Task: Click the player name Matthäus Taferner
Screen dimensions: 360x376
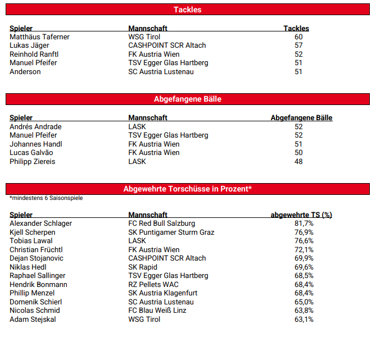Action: pyautogui.click(x=39, y=37)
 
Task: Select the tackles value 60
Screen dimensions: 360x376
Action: pyautogui.click(x=298, y=37)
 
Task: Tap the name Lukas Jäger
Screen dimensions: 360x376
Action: pyautogui.click(x=29, y=45)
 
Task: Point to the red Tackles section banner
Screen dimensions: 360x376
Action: pyautogui.click(x=188, y=10)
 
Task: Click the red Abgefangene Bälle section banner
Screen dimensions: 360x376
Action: pyautogui.click(x=188, y=99)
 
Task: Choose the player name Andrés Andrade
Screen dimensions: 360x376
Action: pyautogui.click(x=35, y=127)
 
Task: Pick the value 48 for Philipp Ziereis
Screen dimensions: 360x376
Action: pyautogui.click(x=298, y=162)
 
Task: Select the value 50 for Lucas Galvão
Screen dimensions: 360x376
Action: pyautogui.click(x=298, y=153)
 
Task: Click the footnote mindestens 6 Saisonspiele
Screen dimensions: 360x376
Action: pyautogui.click(x=46, y=198)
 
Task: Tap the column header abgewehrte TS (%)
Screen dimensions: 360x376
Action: pyautogui.click(x=301, y=215)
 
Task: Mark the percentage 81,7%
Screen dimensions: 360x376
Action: pyautogui.click(x=304, y=224)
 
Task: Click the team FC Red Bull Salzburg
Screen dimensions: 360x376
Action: pyautogui.click(x=162, y=224)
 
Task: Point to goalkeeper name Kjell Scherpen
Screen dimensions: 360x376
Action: pyautogui.click(x=33, y=233)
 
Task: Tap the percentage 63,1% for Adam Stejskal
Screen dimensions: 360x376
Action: pyautogui.click(x=304, y=320)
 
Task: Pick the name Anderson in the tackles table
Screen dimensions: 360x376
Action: pyautogui.click(x=25, y=72)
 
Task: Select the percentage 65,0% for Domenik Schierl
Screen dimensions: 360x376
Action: pyautogui.click(x=304, y=302)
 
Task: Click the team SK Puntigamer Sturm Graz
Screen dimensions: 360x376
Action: pyautogui.click(x=171, y=233)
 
